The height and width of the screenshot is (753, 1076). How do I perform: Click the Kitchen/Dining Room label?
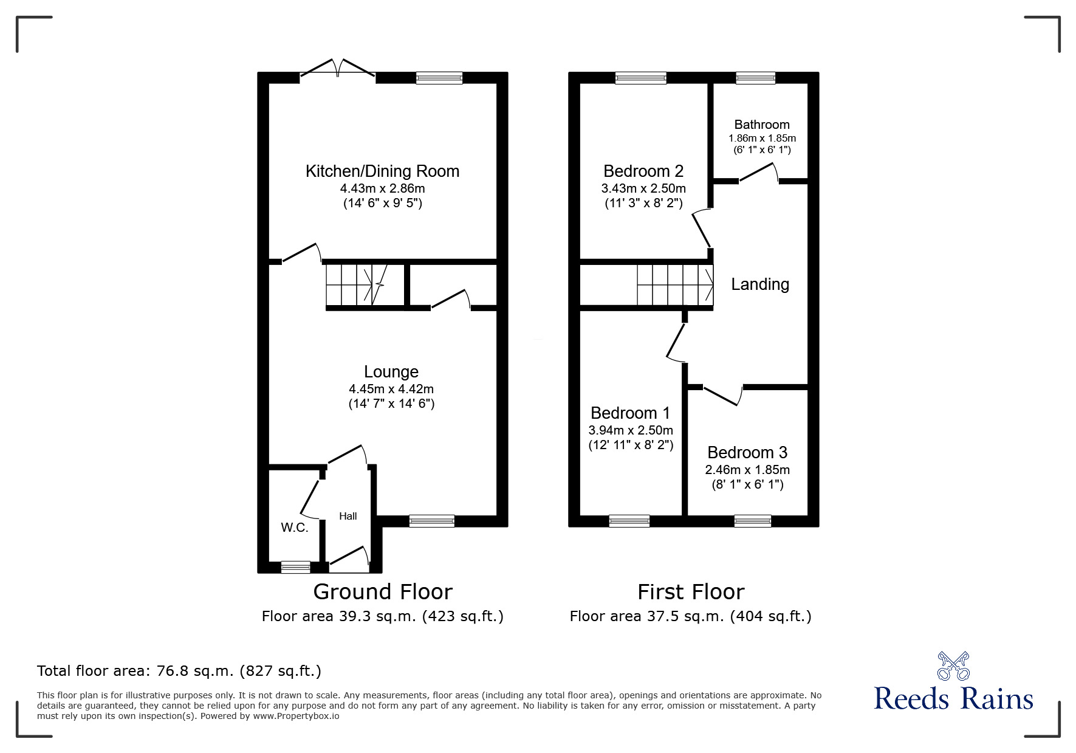point(382,171)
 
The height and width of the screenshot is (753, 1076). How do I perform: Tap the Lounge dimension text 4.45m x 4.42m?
point(391,389)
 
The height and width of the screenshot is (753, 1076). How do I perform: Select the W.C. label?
point(295,528)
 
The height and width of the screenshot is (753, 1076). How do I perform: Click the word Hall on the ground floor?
point(348,516)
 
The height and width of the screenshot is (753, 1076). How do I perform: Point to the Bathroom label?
point(762,125)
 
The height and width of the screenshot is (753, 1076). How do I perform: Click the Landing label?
point(760,284)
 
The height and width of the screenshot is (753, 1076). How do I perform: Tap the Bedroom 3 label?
point(747,453)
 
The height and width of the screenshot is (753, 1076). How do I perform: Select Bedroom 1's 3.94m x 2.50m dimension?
point(631,430)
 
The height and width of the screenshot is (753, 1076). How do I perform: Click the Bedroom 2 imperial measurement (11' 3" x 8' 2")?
point(643,203)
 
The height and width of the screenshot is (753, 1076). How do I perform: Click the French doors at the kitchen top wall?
point(338,69)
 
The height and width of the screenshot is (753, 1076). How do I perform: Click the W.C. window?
point(295,567)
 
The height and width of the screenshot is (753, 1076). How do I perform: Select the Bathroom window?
point(755,78)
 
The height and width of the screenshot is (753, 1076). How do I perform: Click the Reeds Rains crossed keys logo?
point(953,666)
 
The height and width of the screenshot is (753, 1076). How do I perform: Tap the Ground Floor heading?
point(383,592)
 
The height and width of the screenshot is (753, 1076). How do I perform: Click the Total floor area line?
point(179,671)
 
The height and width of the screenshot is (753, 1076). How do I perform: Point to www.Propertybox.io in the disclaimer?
point(296,716)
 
